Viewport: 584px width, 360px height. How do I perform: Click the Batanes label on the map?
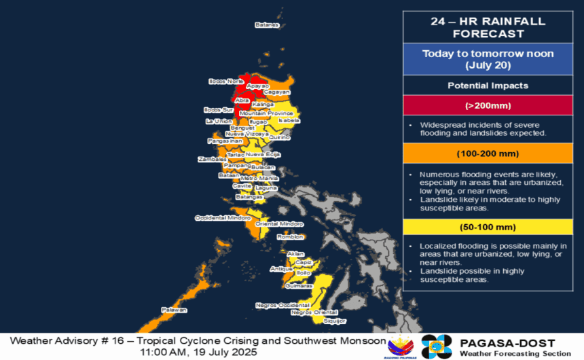coord(267,25)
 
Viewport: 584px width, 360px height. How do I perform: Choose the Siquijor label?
coord(335,320)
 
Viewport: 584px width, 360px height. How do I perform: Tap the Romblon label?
coord(289,237)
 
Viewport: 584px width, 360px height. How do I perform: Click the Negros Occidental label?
coord(277,306)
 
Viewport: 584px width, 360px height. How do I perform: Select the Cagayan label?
coord(276,92)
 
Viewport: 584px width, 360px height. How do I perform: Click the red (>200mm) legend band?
coord(488,106)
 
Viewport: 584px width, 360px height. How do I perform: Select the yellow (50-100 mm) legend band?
coord(488,227)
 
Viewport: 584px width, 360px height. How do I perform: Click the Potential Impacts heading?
coord(488,86)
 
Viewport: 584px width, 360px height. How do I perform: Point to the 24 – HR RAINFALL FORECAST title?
coord(488,27)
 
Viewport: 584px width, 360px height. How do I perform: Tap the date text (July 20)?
coord(488,66)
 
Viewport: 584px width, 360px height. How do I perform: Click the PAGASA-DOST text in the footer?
coord(507,343)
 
